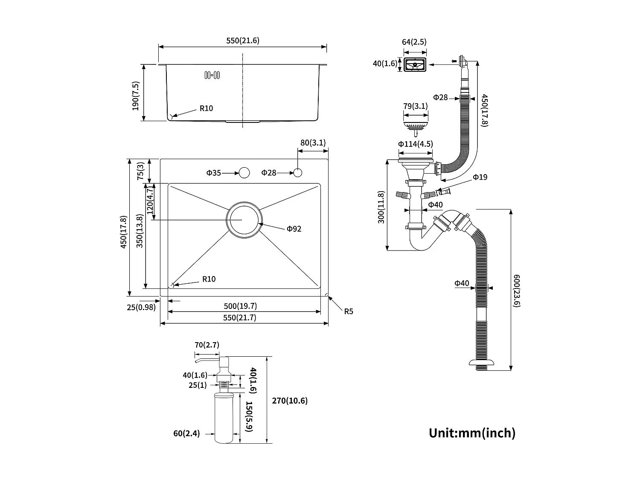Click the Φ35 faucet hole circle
(x=244, y=173)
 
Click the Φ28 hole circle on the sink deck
(x=298, y=173)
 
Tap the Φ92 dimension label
(x=294, y=229)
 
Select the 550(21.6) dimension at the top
(x=242, y=41)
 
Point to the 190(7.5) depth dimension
(x=136, y=96)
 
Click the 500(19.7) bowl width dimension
(x=240, y=306)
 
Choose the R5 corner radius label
(x=349, y=311)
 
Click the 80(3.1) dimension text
(x=313, y=143)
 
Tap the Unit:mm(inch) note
(x=472, y=433)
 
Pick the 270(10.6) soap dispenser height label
(x=289, y=401)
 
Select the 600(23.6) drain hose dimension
(x=517, y=291)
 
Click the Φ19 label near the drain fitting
(x=480, y=177)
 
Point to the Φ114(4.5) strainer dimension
(x=415, y=144)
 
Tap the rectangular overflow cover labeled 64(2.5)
(x=415, y=65)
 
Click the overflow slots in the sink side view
(x=212, y=75)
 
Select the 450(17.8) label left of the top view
(x=123, y=232)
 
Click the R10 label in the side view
(x=206, y=108)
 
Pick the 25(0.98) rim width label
(x=141, y=307)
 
